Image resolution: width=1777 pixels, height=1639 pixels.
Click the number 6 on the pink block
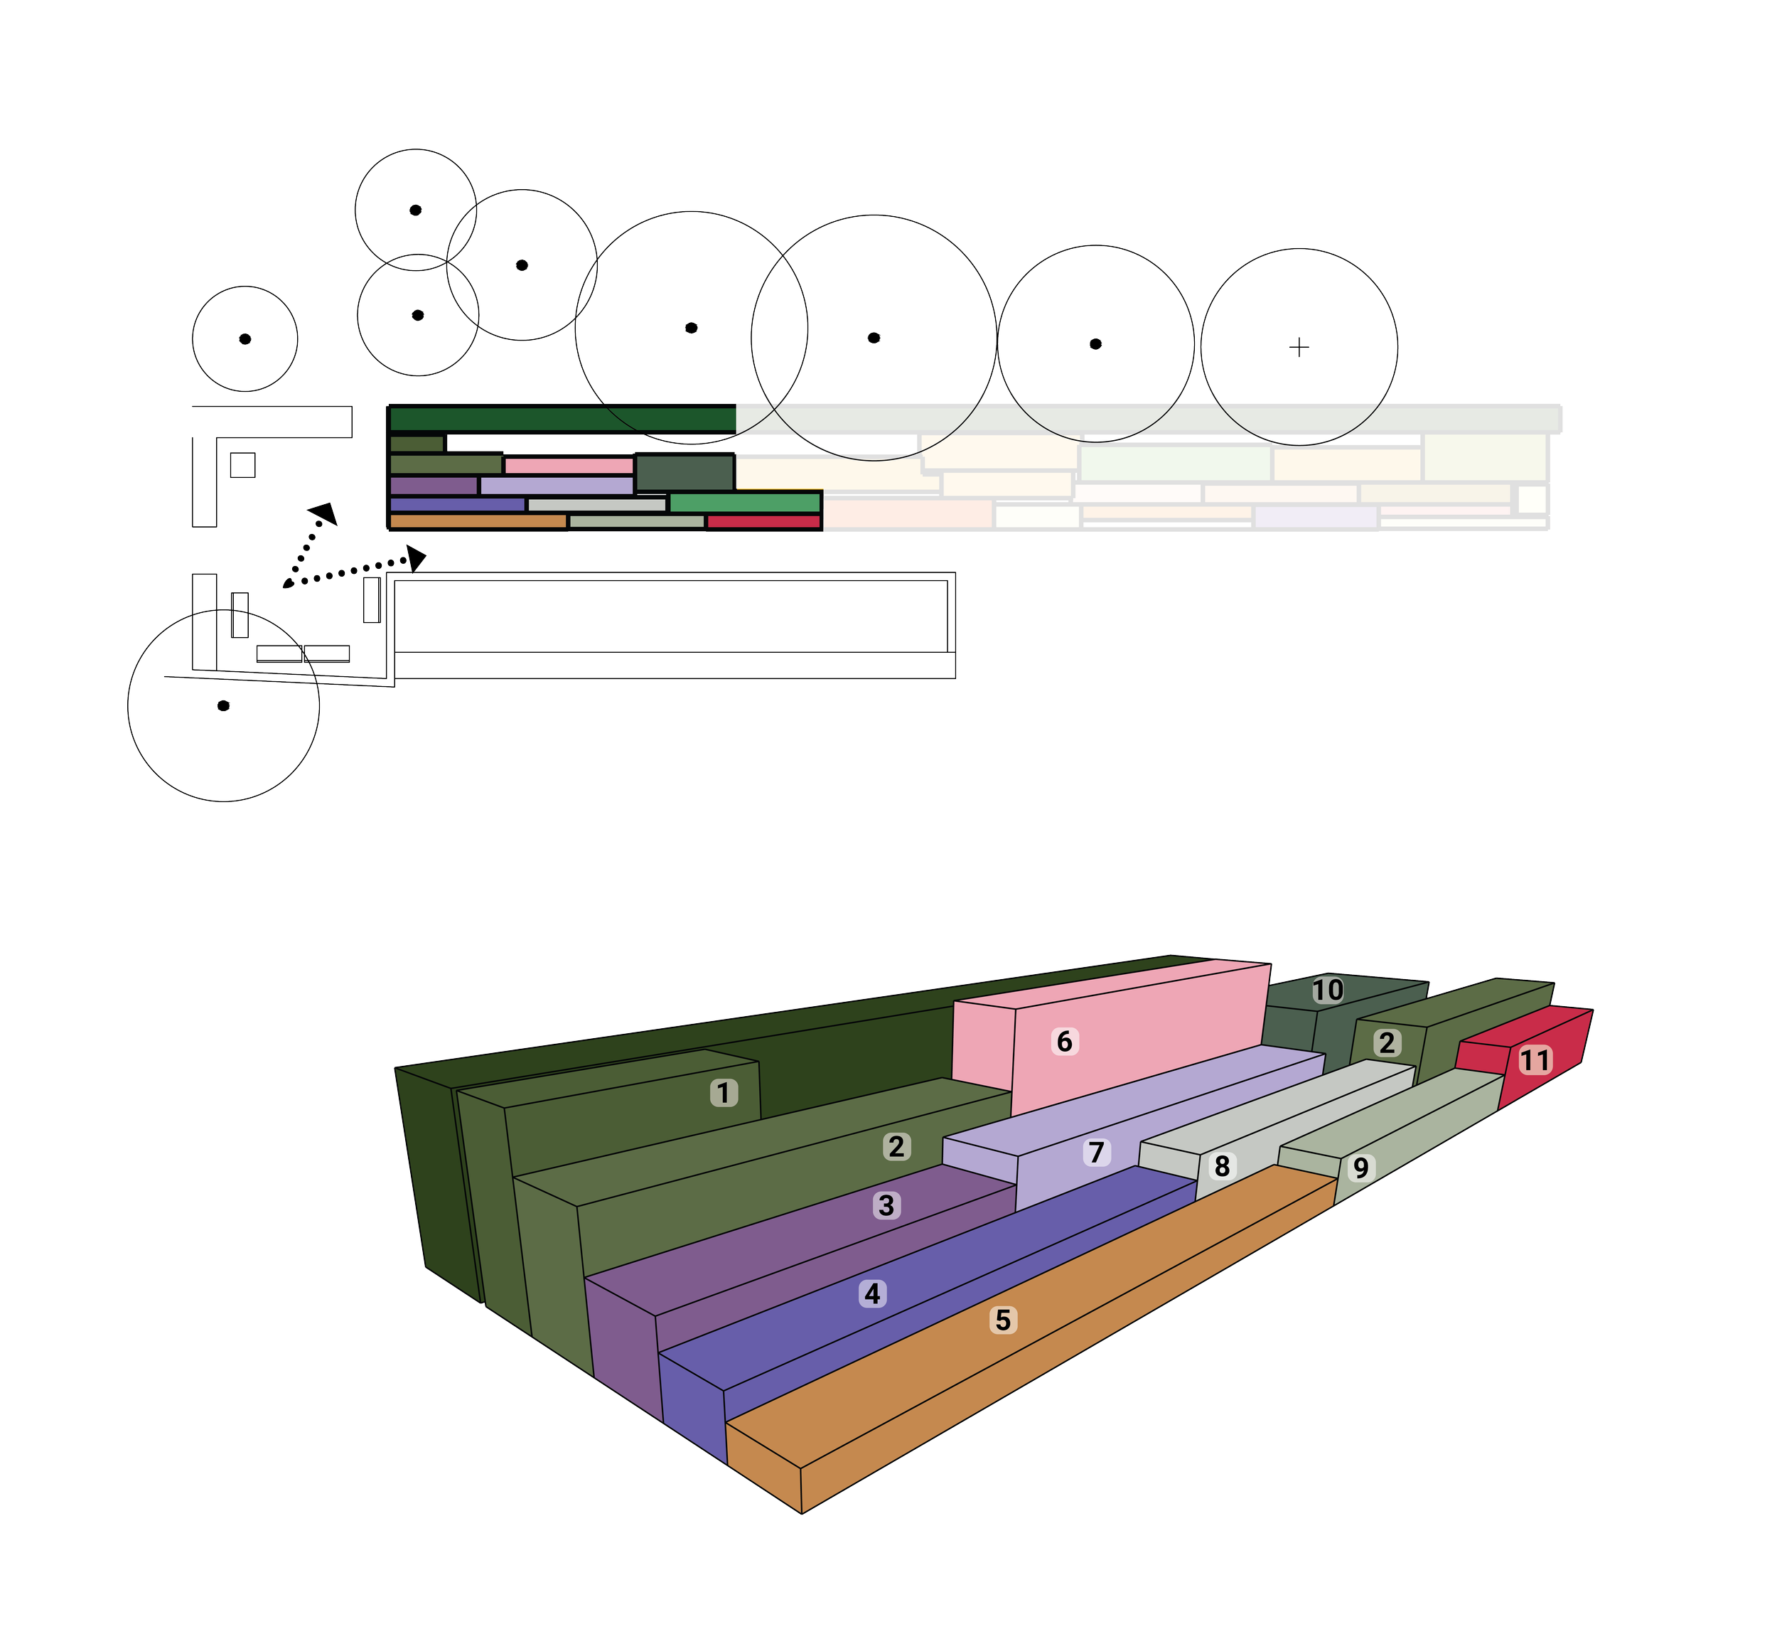(1064, 1041)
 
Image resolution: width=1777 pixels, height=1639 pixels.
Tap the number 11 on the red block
(1534, 1060)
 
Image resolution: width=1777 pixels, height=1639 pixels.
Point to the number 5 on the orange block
(1002, 1320)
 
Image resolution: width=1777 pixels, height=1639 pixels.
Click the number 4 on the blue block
(873, 1294)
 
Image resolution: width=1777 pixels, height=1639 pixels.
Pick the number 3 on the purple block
(886, 1205)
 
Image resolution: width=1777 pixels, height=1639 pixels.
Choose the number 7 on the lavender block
(1097, 1152)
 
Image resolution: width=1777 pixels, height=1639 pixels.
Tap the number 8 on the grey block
(1222, 1166)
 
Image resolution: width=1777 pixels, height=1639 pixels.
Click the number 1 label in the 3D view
(724, 1093)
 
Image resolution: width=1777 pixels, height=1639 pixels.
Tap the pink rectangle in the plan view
(569, 466)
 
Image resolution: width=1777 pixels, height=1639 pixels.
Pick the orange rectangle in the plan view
(478, 521)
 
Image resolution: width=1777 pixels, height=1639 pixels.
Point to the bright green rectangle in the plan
(745, 503)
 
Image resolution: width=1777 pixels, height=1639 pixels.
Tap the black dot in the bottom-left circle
(223, 706)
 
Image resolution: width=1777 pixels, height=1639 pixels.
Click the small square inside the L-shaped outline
(243, 465)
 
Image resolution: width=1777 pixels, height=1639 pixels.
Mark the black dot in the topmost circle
(415, 210)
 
